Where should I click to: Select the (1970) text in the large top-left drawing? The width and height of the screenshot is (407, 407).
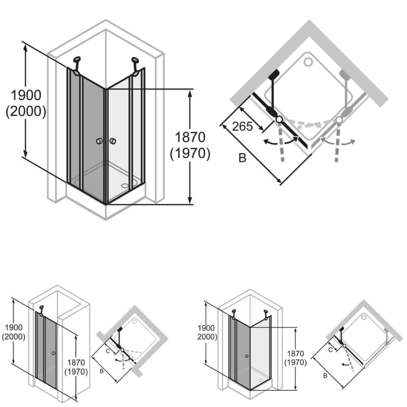coord(190,153)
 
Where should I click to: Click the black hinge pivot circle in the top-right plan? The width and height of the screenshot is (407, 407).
coord(279,119)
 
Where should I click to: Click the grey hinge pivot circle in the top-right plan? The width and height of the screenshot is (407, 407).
coord(339,119)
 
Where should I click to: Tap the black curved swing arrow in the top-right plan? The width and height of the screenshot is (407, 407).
coord(278,141)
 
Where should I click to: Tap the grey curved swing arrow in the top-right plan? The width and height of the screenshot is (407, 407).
coord(340,141)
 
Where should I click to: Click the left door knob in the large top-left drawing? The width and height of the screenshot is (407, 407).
coord(99,141)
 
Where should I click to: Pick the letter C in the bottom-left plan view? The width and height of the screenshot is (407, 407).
coord(108,351)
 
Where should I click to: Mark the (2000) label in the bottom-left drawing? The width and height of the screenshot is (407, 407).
coord(13,337)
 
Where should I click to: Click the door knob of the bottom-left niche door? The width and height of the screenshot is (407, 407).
coord(53,352)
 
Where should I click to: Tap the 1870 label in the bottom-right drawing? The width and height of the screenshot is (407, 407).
coord(295,354)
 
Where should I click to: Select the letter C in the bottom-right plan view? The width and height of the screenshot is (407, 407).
coord(330,349)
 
